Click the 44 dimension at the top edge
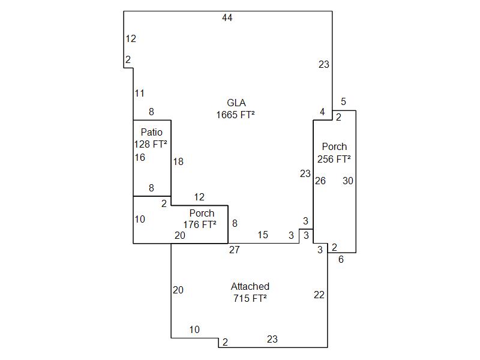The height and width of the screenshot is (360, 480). [x=227, y=18]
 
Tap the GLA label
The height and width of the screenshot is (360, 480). [x=236, y=103]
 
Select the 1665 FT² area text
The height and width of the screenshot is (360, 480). [x=236, y=114]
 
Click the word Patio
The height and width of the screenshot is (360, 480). [x=152, y=132]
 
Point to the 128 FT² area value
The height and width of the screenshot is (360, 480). [x=151, y=144]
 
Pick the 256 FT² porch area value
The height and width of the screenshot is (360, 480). [x=334, y=159]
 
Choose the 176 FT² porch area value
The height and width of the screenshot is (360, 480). [x=200, y=225]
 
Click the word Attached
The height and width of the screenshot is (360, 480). [x=250, y=286]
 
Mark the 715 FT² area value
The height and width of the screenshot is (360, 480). [x=250, y=298]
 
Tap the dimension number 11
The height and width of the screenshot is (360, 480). [x=139, y=93]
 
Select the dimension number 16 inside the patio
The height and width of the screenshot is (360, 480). [x=140, y=157]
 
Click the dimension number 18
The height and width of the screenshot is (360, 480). [x=178, y=161]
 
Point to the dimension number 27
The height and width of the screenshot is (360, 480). [x=234, y=250]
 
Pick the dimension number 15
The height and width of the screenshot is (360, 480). [x=263, y=235]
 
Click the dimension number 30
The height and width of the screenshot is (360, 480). [x=348, y=181]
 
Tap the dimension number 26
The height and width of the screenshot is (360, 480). [x=320, y=181]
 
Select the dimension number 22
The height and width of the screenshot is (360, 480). [x=319, y=295]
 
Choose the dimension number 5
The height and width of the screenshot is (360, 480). [x=344, y=102]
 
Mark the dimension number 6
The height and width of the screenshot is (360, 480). [x=341, y=260]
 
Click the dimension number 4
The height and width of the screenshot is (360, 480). [x=322, y=112]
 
